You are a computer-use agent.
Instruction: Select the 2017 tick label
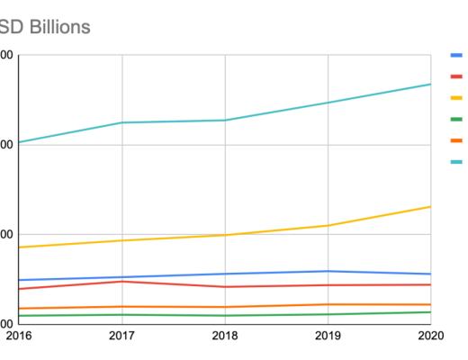[x=122, y=335]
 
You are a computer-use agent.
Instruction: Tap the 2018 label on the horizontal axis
[x=225, y=335]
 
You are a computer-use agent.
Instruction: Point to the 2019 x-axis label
[x=328, y=335]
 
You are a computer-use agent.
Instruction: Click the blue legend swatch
[x=456, y=54]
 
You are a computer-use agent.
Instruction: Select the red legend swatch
[x=456, y=76]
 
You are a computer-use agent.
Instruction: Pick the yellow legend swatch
[x=456, y=97]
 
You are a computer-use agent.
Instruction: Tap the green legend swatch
[x=456, y=119]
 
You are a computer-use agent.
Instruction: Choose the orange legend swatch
[x=456, y=140]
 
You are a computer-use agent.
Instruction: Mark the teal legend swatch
[x=456, y=162]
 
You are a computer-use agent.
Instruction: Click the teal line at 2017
[x=122, y=122]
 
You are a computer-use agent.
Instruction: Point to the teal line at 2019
[x=328, y=103]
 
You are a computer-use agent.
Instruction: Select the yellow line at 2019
[x=328, y=225]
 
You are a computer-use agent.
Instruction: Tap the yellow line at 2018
[x=225, y=235]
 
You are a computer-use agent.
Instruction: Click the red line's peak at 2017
[x=122, y=282]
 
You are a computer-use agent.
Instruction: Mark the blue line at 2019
[x=328, y=271]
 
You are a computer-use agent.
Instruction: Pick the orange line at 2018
[x=225, y=307]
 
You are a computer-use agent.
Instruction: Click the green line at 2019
[x=328, y=314]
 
